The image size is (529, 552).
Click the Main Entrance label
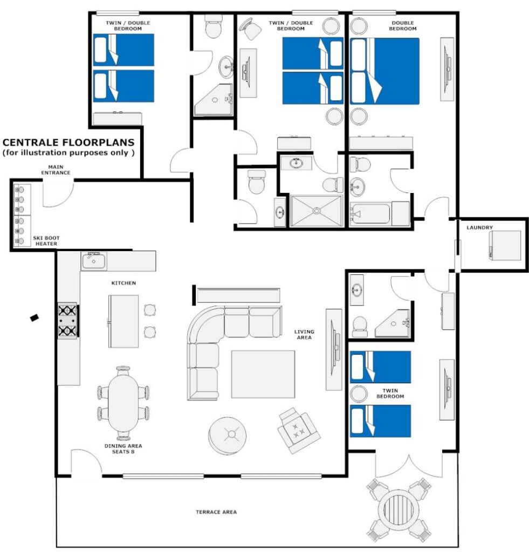click(x=56, y=170)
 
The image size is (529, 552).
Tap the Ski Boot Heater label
click(x=46, y=241)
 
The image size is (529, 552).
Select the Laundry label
click(x=480, y=227)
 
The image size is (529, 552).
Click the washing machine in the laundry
click(x=505, y=245)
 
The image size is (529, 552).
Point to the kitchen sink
click(x=93, y=261)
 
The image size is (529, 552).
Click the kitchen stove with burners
click(x=67, y=321)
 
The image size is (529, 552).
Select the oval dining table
click(x=123, y=403)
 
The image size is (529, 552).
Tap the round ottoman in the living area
click(x=227, y=436)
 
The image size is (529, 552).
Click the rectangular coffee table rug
click(x=263, y=374)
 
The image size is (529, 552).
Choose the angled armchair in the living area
click(x=299, y=431)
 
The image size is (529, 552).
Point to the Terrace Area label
click(x=216, y=512)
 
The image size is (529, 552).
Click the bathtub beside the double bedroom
click(x=370, y=213)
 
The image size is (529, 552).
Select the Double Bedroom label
click(x=403, y=26)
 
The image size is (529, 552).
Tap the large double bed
click(x=384, y=71)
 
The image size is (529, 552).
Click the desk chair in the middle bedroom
click(x=250, y=29)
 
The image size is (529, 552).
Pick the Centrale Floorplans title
click(x=68, y=142)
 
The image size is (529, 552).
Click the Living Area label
click(x=304, y=334)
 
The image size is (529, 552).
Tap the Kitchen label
click(x=123, y=283)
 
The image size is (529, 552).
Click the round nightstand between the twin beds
click(x=359, y=394)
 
